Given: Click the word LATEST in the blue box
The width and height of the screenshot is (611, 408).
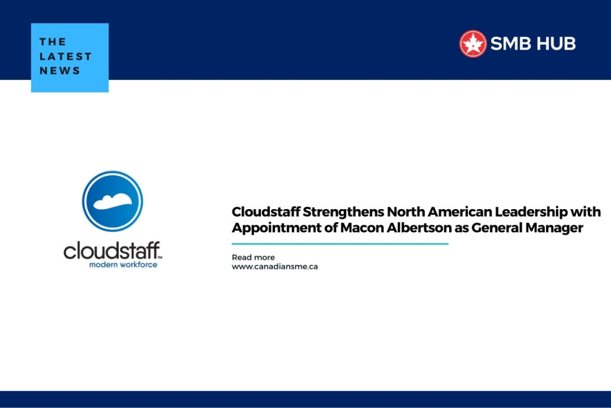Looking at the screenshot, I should click(66, 56).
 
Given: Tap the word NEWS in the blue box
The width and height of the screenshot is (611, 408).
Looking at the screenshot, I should click(60, 70).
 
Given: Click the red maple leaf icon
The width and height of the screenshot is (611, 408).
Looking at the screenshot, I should click(473, 44).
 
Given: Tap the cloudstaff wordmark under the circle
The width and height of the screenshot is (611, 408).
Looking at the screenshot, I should click(112, 250).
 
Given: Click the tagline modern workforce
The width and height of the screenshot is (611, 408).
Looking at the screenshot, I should click(123, 264).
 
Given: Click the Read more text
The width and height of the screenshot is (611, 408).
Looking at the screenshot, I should click(253, 257).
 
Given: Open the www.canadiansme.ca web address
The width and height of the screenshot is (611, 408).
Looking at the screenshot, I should click(274, 266).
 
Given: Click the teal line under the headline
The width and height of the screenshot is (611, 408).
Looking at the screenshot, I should click(340, 244).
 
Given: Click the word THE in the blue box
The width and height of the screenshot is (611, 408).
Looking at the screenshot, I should click(52, 42).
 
